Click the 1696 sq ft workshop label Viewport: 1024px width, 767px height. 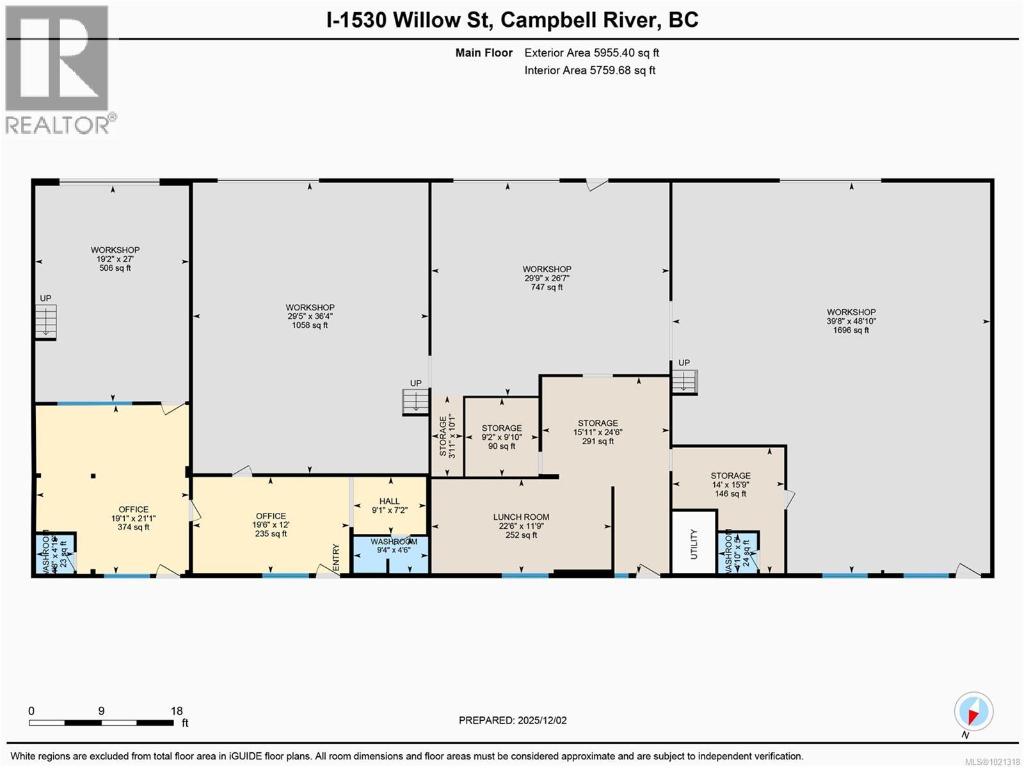(851, 321)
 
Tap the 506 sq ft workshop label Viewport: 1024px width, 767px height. (115, 259)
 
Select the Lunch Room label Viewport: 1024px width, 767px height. (521, 526)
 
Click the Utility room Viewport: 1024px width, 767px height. (694, 543)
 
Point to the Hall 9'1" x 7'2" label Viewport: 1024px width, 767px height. (389, 506)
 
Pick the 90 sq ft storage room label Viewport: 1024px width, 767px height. (501, 437)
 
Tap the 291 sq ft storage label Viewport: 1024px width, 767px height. (597, 432)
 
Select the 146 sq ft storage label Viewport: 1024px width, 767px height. (730, 485)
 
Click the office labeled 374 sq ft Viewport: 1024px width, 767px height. (133, 518)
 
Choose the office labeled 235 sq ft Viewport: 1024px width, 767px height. (271, 524)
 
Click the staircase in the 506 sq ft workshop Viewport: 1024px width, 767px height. (45, 320)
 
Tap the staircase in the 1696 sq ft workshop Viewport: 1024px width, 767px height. (684, 382)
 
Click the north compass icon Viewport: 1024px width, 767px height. (973, 712)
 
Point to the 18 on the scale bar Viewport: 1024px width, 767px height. (177, 711)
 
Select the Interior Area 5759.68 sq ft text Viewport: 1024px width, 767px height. (589, 70)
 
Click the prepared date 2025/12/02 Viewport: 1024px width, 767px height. (513, 720)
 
